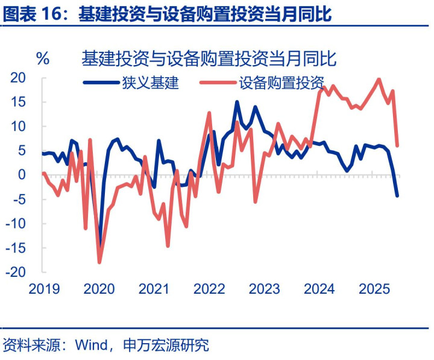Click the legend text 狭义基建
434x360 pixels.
150,83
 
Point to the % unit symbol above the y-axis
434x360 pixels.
43,58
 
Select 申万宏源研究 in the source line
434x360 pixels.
165,346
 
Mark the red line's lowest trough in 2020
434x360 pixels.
99,262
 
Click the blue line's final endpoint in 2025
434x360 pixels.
397,195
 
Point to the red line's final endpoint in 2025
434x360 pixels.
397,145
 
